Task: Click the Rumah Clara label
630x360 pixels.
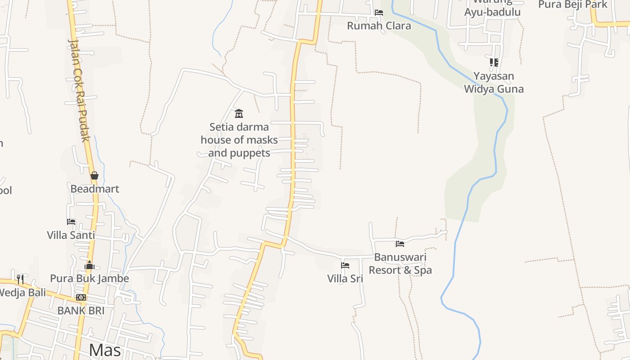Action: (379, 26)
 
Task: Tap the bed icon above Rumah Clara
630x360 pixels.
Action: (379, 13)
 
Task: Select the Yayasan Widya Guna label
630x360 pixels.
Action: (494, 82)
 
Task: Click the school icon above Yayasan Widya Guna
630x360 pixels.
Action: (494, 63)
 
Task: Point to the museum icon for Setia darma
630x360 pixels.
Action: (239, 113)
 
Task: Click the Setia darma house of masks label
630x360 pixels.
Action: (239, 139)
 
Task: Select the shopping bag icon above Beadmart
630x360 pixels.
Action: (94, 175)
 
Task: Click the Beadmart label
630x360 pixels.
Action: (94, 189)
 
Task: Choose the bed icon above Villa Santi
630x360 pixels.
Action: (71, 222)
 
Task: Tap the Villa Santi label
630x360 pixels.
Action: (71, 235)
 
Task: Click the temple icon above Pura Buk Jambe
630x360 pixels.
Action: (90, 265)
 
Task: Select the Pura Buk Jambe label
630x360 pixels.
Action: (90, 279)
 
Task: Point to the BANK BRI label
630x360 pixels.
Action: (81, 310)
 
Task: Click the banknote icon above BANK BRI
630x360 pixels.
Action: (81, 297)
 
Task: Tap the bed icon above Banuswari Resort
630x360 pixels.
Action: (400, 244)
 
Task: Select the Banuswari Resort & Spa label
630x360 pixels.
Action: (400, 264)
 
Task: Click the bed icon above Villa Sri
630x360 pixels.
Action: (345, 265)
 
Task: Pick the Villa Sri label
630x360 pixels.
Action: (345, 279)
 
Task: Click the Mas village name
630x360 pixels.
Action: (105, 350)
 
